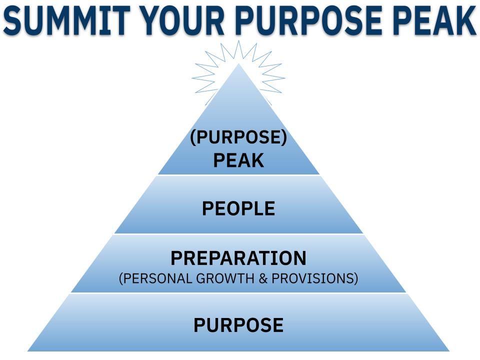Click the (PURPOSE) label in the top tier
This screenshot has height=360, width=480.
[238, 137]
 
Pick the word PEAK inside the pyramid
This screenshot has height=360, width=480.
[238, 160]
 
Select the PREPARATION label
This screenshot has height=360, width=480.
[238, 258]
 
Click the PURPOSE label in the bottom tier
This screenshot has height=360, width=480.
[238, 325]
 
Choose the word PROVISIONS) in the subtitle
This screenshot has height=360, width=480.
[315, 278]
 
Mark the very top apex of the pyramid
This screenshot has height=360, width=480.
[239, 64]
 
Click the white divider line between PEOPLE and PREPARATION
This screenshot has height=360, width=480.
[238, 234]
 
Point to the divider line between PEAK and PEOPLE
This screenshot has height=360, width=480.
[238, 175]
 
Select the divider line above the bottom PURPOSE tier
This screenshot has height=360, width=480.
[238, 293]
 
